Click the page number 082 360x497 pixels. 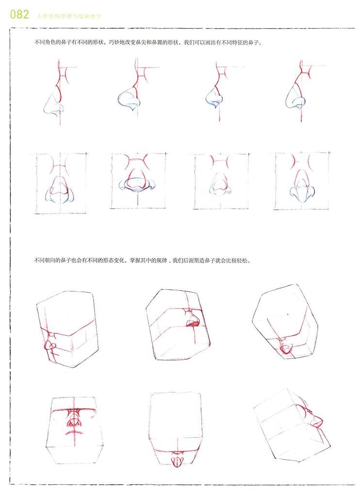click(19, 15)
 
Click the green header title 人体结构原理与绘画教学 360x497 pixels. click(69, 16)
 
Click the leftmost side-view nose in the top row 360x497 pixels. click(54, 104)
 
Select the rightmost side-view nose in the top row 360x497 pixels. click(296, 97)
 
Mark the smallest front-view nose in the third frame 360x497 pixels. click(220, 185)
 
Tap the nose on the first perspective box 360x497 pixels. click(50, 344)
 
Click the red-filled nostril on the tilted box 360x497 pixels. click(193, 324)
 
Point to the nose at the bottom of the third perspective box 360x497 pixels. click(286, 348)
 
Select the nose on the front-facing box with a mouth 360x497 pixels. click(74, 419)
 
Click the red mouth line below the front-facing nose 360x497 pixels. click(74, 432)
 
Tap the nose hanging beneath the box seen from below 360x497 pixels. click(177, 460)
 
